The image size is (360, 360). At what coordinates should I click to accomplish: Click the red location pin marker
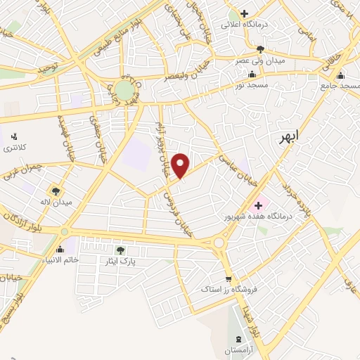click(181, 165)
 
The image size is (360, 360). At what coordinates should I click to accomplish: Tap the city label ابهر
click(288, 136)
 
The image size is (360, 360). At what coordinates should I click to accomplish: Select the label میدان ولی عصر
click(261, 61)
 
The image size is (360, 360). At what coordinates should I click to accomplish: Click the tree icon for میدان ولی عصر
click(261, 49)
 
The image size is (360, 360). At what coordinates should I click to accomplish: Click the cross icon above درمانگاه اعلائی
click(244, 13)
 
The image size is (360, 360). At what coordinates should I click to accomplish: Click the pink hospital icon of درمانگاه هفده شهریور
click(259, 205)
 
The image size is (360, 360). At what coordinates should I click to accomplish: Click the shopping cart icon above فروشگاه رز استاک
click(228, 278)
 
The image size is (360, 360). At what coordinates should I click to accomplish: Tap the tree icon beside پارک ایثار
click(121, 250)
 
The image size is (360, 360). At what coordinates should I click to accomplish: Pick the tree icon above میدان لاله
click(56, 191)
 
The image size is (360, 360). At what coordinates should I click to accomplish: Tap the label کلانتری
click(14, 148)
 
